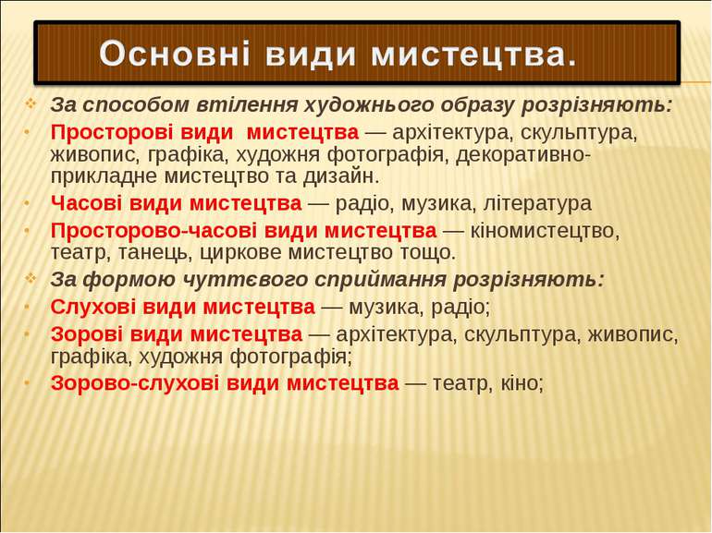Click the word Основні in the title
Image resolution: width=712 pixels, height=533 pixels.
click(x=175, y=53)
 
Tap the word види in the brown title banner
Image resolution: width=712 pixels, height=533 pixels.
click(x=310, y=54)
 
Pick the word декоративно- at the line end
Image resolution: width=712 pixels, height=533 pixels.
click(x=523, y=154)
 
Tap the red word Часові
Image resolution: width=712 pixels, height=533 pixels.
click(x=86, y=203)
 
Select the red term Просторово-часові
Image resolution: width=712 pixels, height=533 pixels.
click(x=153, y=231)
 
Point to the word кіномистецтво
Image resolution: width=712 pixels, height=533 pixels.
click(x=545, y=231)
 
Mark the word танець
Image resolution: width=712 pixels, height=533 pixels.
click(x=153, y=253)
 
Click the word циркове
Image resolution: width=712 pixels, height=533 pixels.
click(x=240, y=253)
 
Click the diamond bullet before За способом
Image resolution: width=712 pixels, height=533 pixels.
click(x=31, y=104)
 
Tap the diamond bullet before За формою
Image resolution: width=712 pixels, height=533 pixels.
click(x=31, y=279)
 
